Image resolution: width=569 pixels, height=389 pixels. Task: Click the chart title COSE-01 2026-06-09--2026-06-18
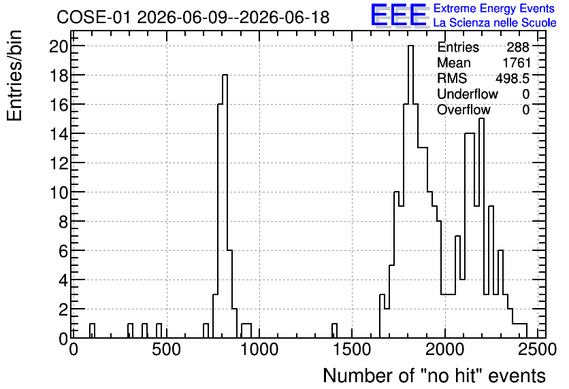[193, 17]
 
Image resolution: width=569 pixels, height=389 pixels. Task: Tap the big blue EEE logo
[399, 16]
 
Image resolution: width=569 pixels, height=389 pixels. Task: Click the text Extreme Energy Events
[494, 8]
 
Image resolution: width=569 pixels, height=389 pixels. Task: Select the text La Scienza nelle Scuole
[495, 22]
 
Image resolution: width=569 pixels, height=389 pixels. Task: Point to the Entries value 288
[518, 47]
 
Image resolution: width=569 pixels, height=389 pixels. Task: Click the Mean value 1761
[517, 63]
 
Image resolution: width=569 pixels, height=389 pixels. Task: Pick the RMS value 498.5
[513, 78]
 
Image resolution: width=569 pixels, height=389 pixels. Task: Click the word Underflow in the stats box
[468, 94]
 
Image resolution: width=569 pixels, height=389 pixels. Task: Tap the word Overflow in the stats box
[464, 109]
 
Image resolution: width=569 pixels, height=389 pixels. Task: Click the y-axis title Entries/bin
[15, 75]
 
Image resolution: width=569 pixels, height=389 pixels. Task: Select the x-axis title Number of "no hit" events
[434, 375]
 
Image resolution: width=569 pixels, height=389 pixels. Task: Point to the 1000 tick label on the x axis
[259, 350]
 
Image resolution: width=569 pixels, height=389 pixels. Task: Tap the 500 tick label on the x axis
[167, 350]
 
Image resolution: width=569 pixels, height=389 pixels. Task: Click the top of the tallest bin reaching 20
[410, 46]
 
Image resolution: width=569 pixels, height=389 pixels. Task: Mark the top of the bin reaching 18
[225, 75]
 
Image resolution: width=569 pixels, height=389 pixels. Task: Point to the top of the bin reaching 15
[481, 118]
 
